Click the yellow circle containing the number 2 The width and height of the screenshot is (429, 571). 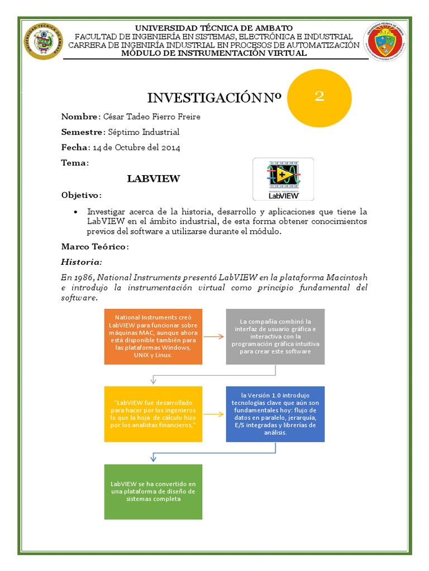click(319, 98)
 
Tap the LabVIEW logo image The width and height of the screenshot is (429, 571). click(283, 179)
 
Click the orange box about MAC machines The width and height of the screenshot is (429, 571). click(153, 336)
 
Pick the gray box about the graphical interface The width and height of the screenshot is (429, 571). click(275, 336)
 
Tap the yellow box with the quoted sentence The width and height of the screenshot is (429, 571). click(153, 413)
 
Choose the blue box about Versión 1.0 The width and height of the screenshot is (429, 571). click(275, 413)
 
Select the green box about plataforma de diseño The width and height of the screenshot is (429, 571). click(153, 491)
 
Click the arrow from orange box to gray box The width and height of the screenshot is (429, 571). click(214, 336)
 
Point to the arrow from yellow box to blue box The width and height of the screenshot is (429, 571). click(214, 414)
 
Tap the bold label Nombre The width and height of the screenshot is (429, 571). click(79, 117)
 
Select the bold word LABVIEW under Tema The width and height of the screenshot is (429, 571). click(153, 178)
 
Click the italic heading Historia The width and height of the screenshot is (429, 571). click(81, 262)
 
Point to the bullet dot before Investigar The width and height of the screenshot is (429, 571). click(75, 212)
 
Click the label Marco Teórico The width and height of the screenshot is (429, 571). click(94, 246)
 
